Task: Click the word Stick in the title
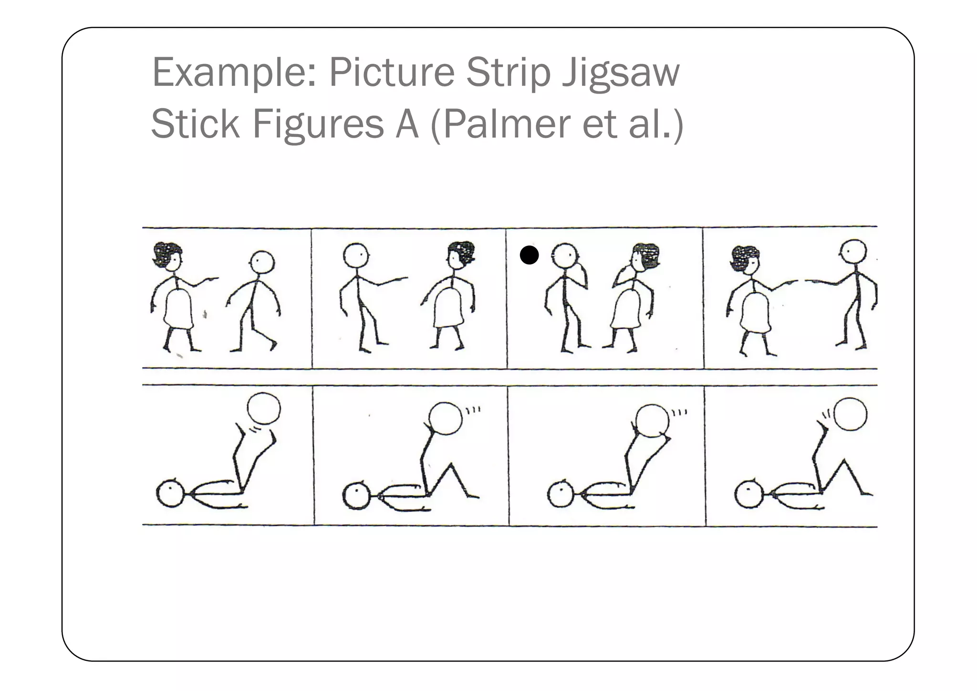pos(195,124)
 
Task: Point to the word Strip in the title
pos(508,73)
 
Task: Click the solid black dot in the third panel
pos(529,255)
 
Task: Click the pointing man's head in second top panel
pos(356,255)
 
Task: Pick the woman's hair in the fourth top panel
pos(744,256)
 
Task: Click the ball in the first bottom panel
pos(264,409)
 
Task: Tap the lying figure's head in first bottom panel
pos(170,494)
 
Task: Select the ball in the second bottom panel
pos(446,418)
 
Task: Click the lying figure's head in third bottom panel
pos(561,494)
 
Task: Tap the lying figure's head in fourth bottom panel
pos(748,494)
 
